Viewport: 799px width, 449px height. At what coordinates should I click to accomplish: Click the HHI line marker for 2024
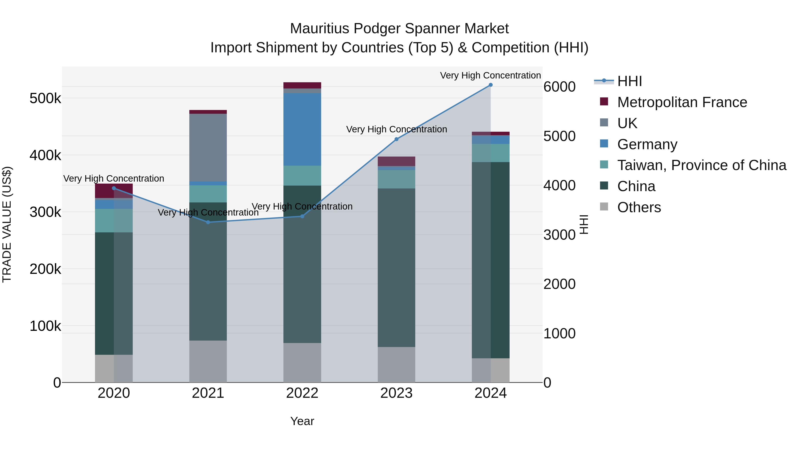tap(490, 85)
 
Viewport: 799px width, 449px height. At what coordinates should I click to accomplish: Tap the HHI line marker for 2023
tap(396, 139)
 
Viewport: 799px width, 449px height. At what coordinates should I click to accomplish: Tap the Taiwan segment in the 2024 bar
tap(490, 153)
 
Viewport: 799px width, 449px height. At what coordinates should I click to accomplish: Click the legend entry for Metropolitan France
tap(682, 102)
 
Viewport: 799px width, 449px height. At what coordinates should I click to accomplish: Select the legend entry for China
tap(636, 186)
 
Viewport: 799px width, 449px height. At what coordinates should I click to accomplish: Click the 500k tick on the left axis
tap(45, 98)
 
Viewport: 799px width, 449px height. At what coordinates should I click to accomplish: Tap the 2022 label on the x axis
tap(302, 393)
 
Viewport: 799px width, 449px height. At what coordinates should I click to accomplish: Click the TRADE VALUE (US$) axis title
tap(7, 224)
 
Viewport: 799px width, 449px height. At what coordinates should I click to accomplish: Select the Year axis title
tap(302, 421)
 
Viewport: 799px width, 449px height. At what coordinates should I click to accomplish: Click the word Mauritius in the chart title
tap(319, 29)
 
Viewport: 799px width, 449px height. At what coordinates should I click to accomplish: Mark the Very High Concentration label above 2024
tap(490, 75)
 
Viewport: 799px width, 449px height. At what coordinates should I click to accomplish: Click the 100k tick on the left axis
tap(45, 326)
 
